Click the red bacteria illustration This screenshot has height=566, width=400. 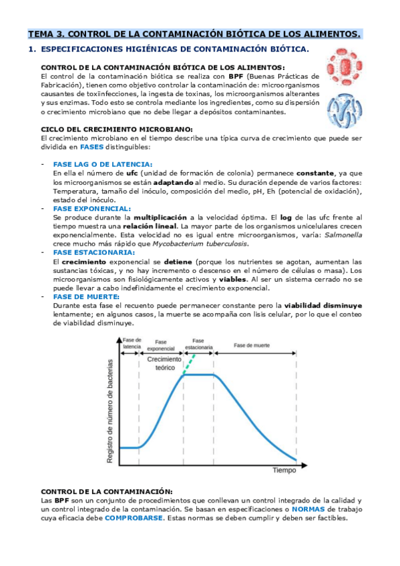(341, 68)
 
